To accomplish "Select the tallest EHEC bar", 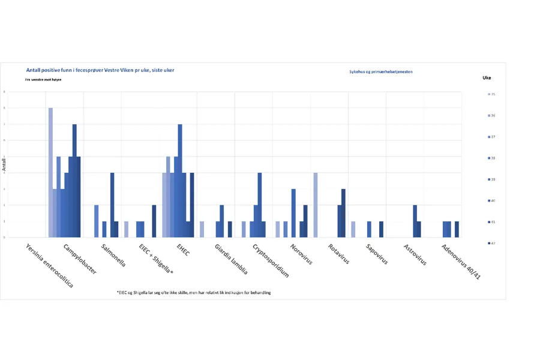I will point(180,181).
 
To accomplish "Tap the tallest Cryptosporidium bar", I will point(260,205).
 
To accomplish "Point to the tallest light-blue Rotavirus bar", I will point(316,205).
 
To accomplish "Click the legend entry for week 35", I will point(492,94).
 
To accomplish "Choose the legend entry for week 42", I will point(492,243).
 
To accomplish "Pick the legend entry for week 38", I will point(492,158).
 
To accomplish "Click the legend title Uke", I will point(487,78).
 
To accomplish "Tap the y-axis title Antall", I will point(4,164).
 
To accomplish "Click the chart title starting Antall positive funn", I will point(100,70).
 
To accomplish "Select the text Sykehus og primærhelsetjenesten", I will point(381,72).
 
